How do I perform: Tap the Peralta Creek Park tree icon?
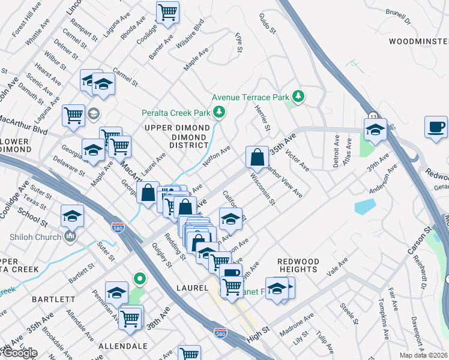220,112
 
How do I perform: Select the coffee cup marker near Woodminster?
436,127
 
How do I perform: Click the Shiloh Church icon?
71,237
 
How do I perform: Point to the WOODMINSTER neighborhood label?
418,41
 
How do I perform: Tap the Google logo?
19,352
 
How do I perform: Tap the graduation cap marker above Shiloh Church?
72,215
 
